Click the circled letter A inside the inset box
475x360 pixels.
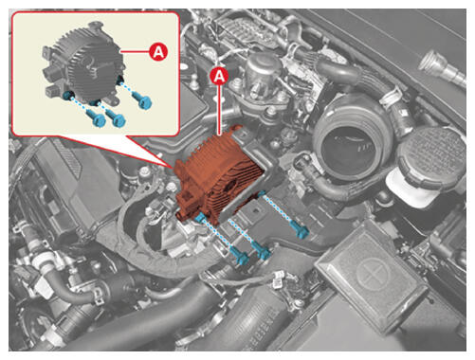[x=158, y=52]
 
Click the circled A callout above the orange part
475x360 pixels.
[x=219, y=76]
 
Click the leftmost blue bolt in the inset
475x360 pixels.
[x=96, y=117]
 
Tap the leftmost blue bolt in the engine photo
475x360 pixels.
[x=240, y=255]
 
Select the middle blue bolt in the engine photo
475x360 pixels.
[x=261, y=251]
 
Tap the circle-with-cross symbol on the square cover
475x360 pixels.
[x=374, y=274]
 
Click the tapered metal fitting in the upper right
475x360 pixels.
[x=442, y=68]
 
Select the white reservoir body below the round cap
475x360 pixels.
[x=411, y=187]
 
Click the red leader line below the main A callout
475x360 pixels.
[x=219, y=110]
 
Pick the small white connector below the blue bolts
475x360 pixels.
[x=277, y=279]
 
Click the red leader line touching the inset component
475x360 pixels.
[x=135, y=51]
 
